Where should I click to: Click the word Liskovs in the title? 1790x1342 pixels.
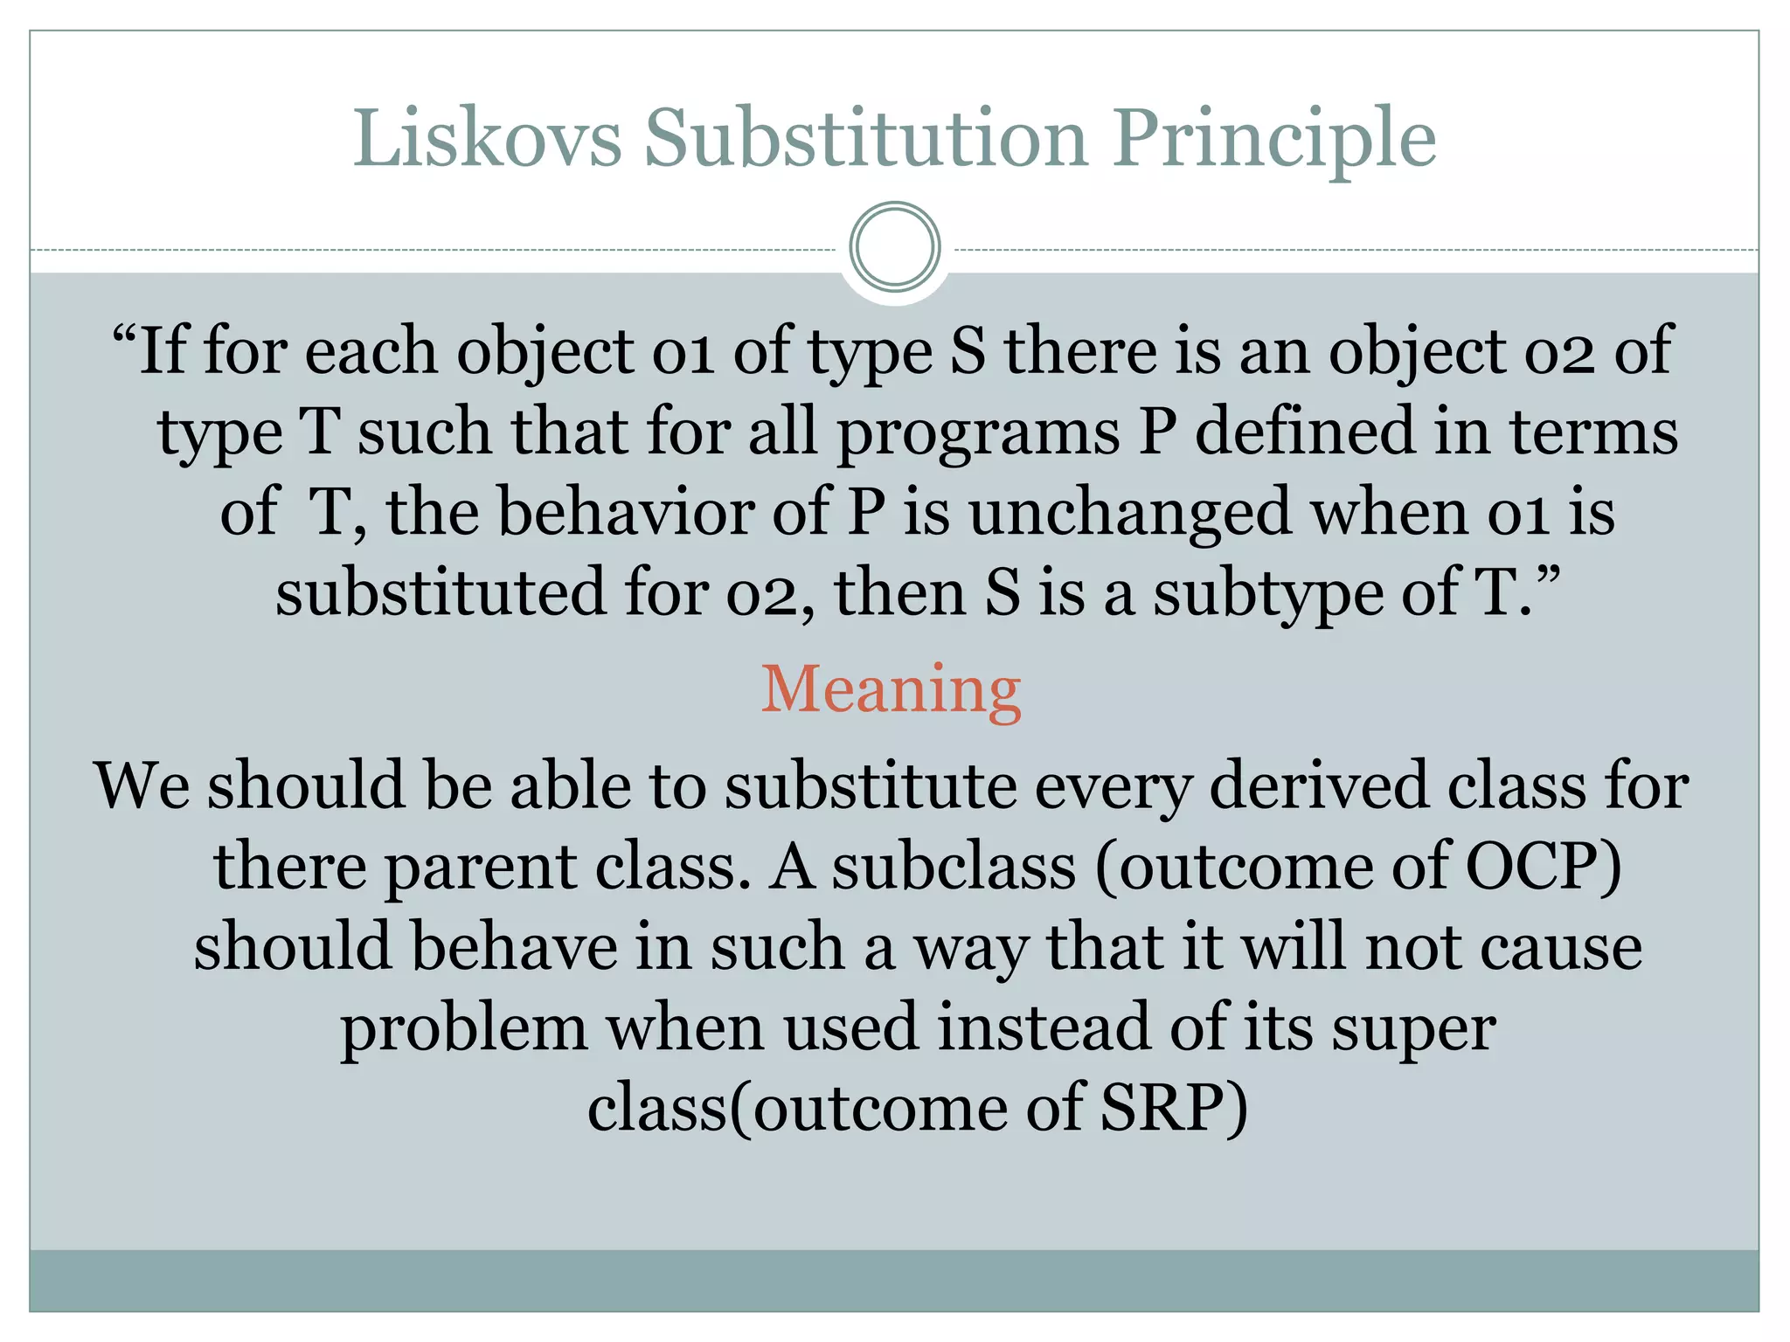(x=487, y=137)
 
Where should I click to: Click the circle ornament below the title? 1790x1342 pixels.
(x=894, y=246)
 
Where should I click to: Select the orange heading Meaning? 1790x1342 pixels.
(x=891, y=690)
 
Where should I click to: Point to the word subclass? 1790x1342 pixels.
(x=954, y=867)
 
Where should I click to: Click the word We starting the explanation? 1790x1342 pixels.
(x=142, y=785)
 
